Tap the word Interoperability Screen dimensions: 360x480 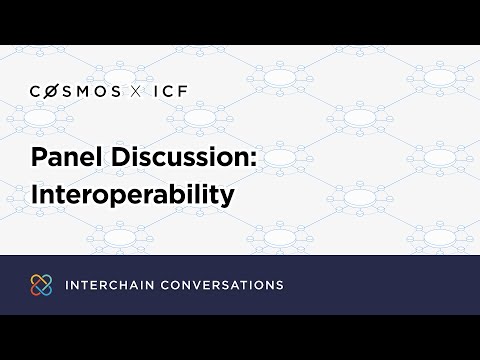pyautogui.click(x=131, y=193)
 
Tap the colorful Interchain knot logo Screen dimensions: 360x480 pyautogui.click(x=40, y=285)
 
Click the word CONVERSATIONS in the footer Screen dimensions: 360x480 pyautogui.click(x=221, y=285)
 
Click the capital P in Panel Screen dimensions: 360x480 pyautogui.click(x=38, y=158)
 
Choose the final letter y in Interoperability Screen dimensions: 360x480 pyautogui.click(x=227, y=196)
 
